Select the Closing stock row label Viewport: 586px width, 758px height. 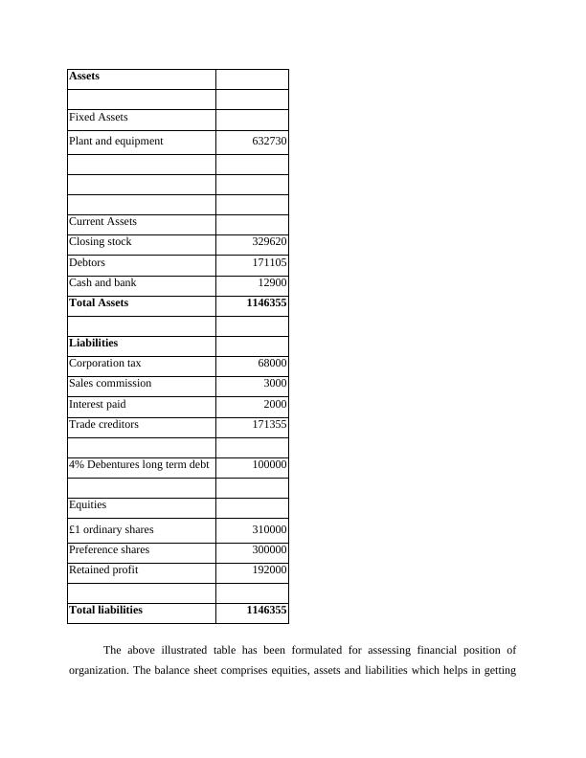101,242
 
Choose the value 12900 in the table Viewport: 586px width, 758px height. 272,283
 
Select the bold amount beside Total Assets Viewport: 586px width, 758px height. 266,303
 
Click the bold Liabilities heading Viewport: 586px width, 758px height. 94,343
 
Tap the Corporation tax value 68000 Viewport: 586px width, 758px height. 272,364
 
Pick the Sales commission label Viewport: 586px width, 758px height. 110,384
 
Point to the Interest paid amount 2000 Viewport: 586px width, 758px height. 275,405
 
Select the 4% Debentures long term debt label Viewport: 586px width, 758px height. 139,465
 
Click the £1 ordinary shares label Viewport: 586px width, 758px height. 111,529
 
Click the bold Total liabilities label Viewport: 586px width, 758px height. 105,610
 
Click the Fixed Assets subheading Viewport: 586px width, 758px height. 99,118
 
